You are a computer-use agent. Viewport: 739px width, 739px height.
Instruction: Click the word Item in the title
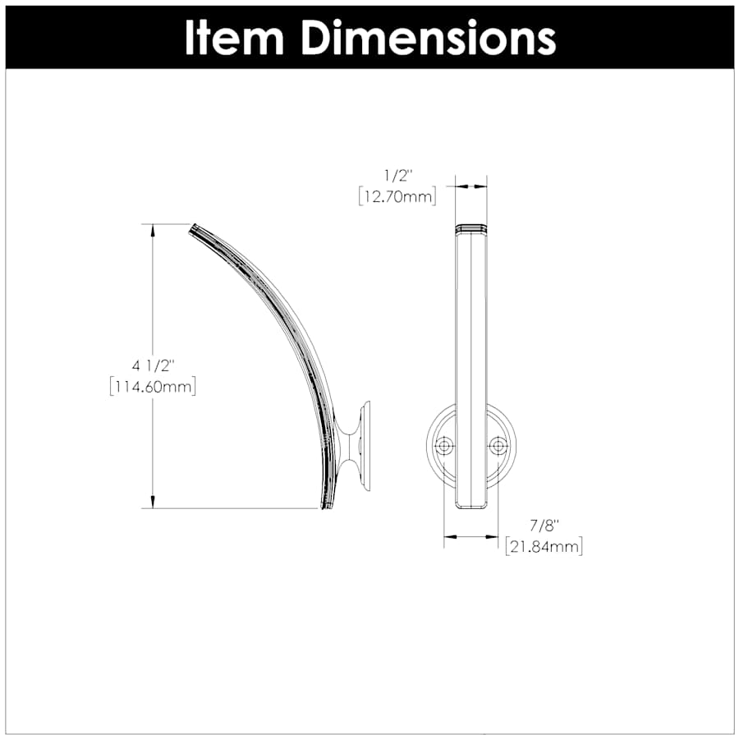click(235, 37)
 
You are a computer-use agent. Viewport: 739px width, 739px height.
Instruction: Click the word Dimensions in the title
click(427, 37)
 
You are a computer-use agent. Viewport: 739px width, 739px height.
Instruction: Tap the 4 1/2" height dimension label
click(153, 366)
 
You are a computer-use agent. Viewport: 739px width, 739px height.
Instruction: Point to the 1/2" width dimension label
click(397, 176)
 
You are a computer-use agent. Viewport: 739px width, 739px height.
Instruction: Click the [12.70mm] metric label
click(397, 196)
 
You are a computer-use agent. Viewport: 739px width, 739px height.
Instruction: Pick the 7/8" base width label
click(543, 526)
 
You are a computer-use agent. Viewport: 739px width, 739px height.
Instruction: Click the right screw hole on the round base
click(498, 446)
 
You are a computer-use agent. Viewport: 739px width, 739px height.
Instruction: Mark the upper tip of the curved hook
click(195, 228)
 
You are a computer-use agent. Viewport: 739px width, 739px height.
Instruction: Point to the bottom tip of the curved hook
click(327, 506)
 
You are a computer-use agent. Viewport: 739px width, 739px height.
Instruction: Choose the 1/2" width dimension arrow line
click(471, 186)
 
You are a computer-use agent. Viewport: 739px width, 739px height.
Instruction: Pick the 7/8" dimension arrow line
click(471, 537)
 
